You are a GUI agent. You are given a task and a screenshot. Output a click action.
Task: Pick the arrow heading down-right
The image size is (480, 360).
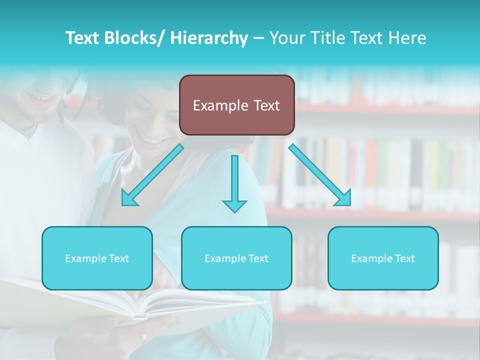320,175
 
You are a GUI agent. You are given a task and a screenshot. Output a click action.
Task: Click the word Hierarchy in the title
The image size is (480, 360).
209,38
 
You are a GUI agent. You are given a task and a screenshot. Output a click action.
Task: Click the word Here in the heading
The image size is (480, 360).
406,38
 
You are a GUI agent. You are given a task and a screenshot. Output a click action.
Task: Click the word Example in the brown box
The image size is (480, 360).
220,105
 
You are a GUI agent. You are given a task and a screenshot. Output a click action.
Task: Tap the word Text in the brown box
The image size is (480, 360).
266,105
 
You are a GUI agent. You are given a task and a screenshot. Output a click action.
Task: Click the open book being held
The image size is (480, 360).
150,305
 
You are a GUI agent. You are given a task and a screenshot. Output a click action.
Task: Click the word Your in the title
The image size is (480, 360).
287,38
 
